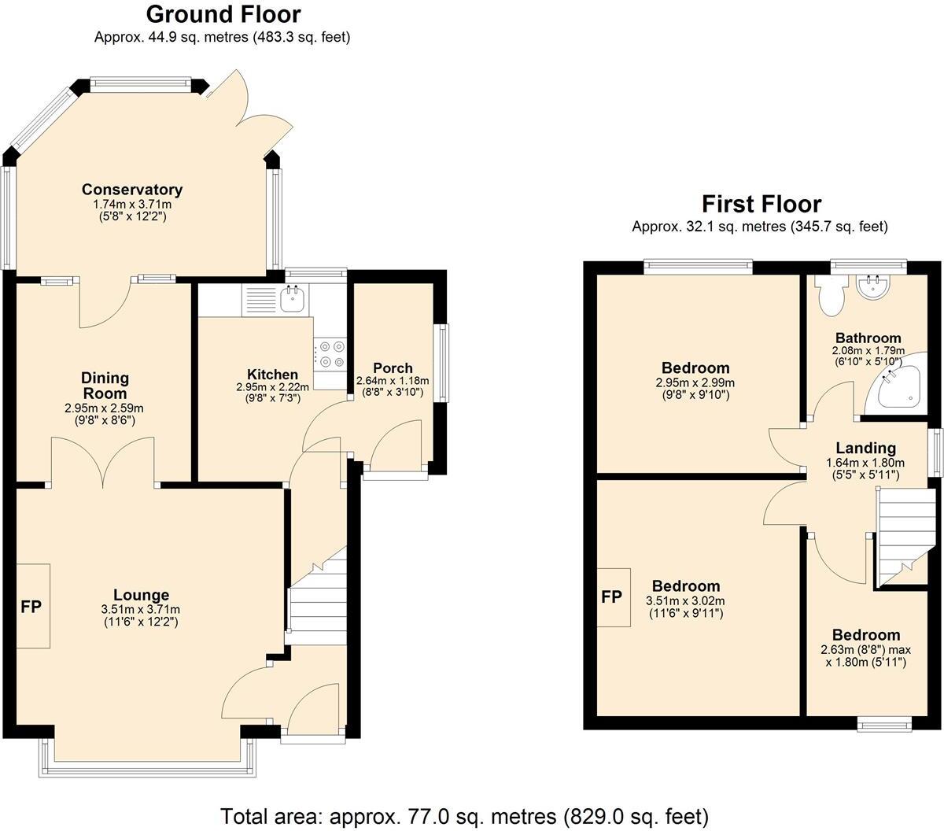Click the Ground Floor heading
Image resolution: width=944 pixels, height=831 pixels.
point(223,14)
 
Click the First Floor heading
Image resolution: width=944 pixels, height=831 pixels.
point(761,205)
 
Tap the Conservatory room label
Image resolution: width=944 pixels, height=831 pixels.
point(132,190)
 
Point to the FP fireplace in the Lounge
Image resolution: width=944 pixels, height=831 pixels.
point(31,606)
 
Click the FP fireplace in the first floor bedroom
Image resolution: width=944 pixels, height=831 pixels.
point(612,596)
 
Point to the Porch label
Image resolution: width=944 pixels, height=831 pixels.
point(393,367)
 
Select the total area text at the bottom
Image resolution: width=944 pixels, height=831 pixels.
point(464,815)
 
